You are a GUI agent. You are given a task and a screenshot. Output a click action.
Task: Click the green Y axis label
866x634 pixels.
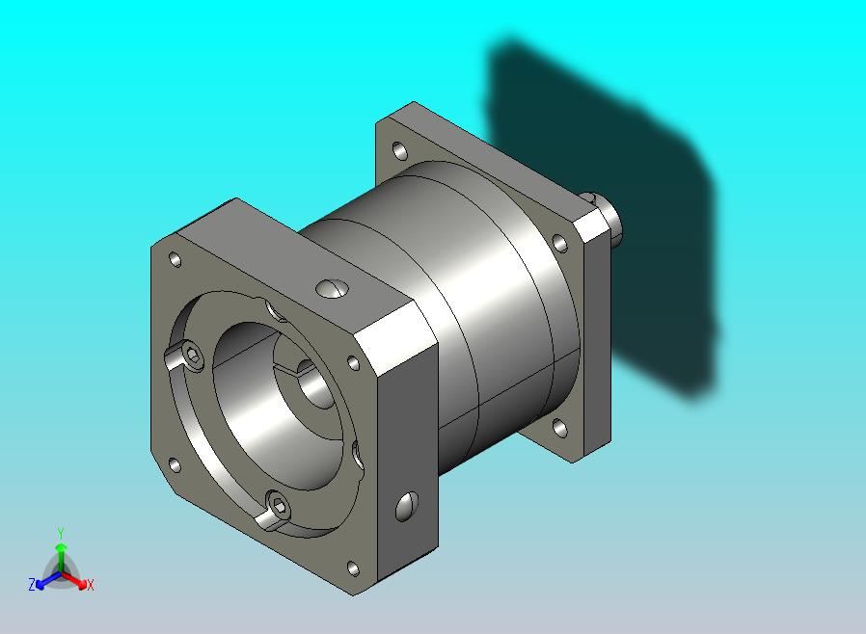click(61, 533)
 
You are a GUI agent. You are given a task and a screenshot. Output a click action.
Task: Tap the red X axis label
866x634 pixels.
click(90, 585)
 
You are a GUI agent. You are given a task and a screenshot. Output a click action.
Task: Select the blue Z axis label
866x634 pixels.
click(32, 584)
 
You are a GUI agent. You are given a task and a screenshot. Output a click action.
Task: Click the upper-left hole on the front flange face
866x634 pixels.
click(176, 259)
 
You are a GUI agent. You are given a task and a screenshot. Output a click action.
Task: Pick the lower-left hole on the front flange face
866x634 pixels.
click(175, 465)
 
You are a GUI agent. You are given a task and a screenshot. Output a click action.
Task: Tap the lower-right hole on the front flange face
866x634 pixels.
click(353, 568)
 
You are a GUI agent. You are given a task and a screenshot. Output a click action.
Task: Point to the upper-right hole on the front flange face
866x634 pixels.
click(354, 362)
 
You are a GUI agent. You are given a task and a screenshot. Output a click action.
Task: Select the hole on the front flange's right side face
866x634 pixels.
click(407, 507)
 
